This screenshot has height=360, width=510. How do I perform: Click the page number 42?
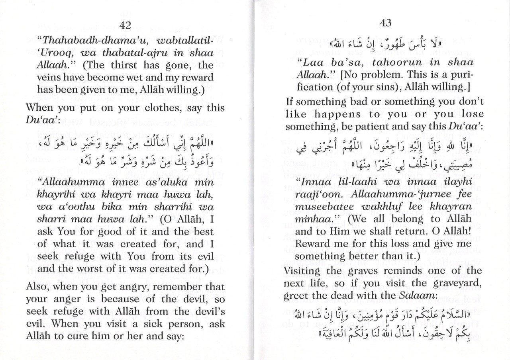pos(125,26)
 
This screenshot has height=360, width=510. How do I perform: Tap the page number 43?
pos(386,23)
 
